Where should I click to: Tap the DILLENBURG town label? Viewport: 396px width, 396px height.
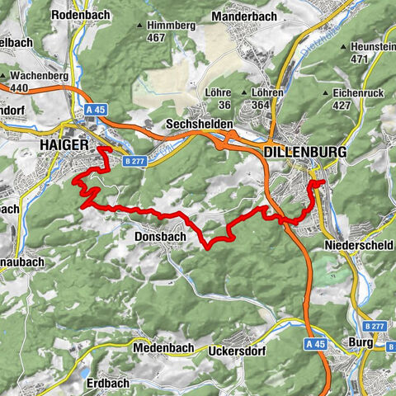pos(304,153)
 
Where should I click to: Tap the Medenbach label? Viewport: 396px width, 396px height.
pos(163,348)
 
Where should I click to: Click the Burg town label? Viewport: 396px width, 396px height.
pos(367,339)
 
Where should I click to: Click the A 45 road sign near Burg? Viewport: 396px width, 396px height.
pos(315,343)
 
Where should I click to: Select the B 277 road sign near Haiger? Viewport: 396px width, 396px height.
pos(134,161)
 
